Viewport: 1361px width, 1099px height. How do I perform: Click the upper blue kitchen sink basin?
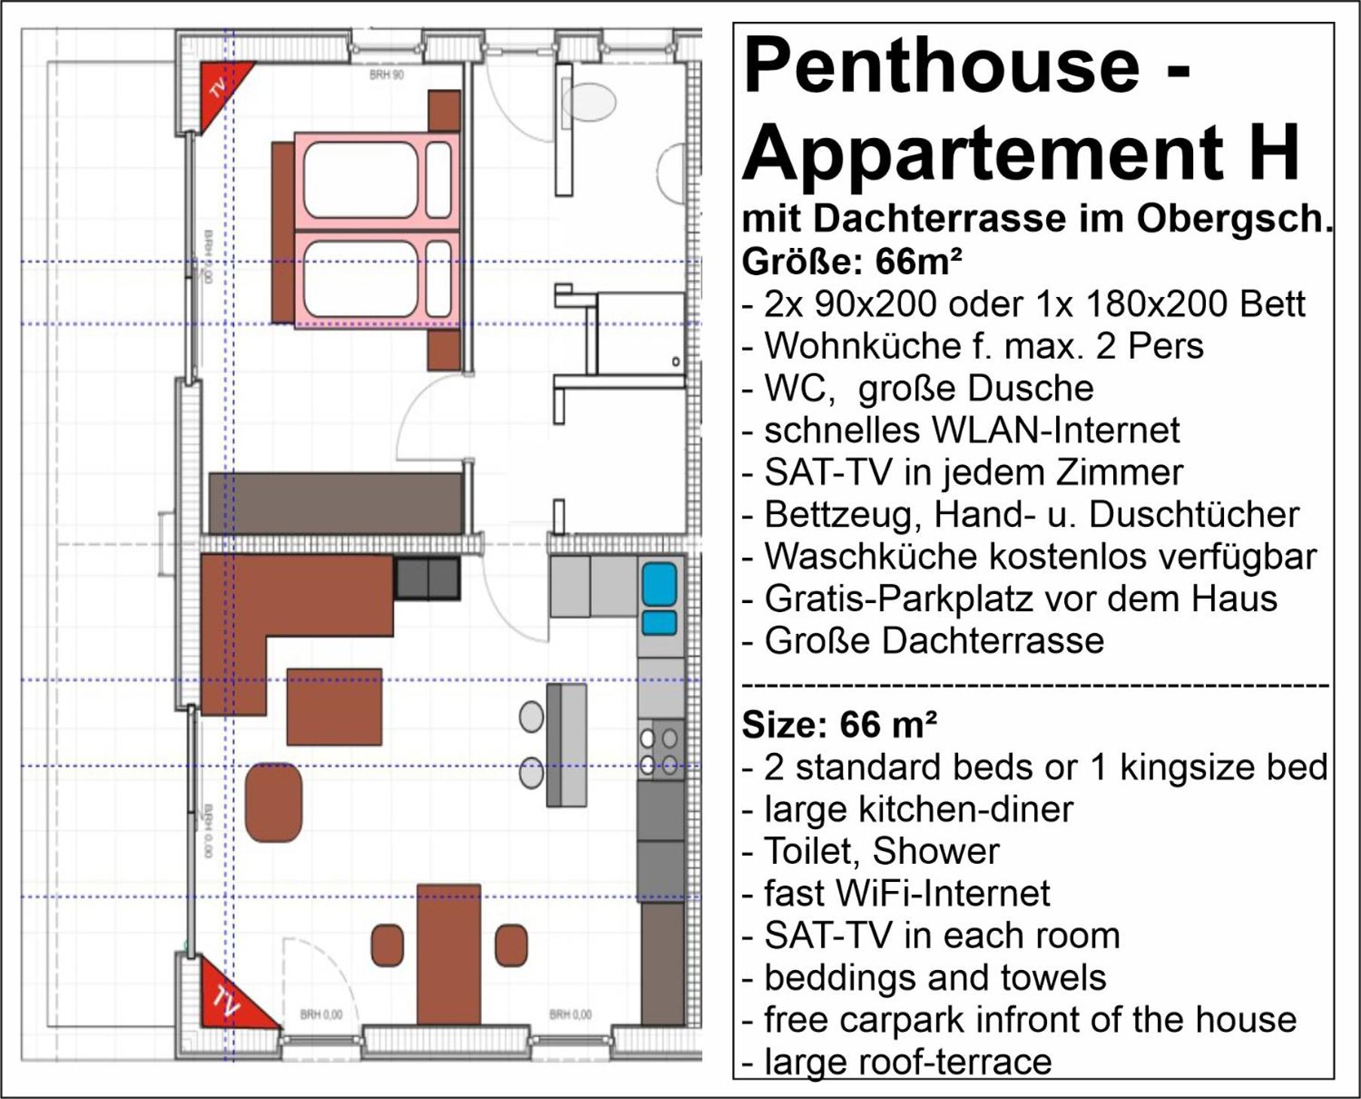[x=659, y=585]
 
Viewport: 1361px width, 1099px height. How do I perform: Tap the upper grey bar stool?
[x=531, y=716]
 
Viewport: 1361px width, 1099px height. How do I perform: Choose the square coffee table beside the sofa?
[x=334, y=706]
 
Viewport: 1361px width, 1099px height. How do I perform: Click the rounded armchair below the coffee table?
[x=273, y=802]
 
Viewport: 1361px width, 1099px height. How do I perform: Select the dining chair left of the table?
[x=387, y=945]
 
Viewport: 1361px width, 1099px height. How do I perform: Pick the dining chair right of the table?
[x=511, y=945]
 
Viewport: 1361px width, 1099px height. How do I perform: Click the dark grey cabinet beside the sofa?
[x=427, y=579]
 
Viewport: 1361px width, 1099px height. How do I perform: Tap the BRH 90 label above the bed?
[x=387, y=75]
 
